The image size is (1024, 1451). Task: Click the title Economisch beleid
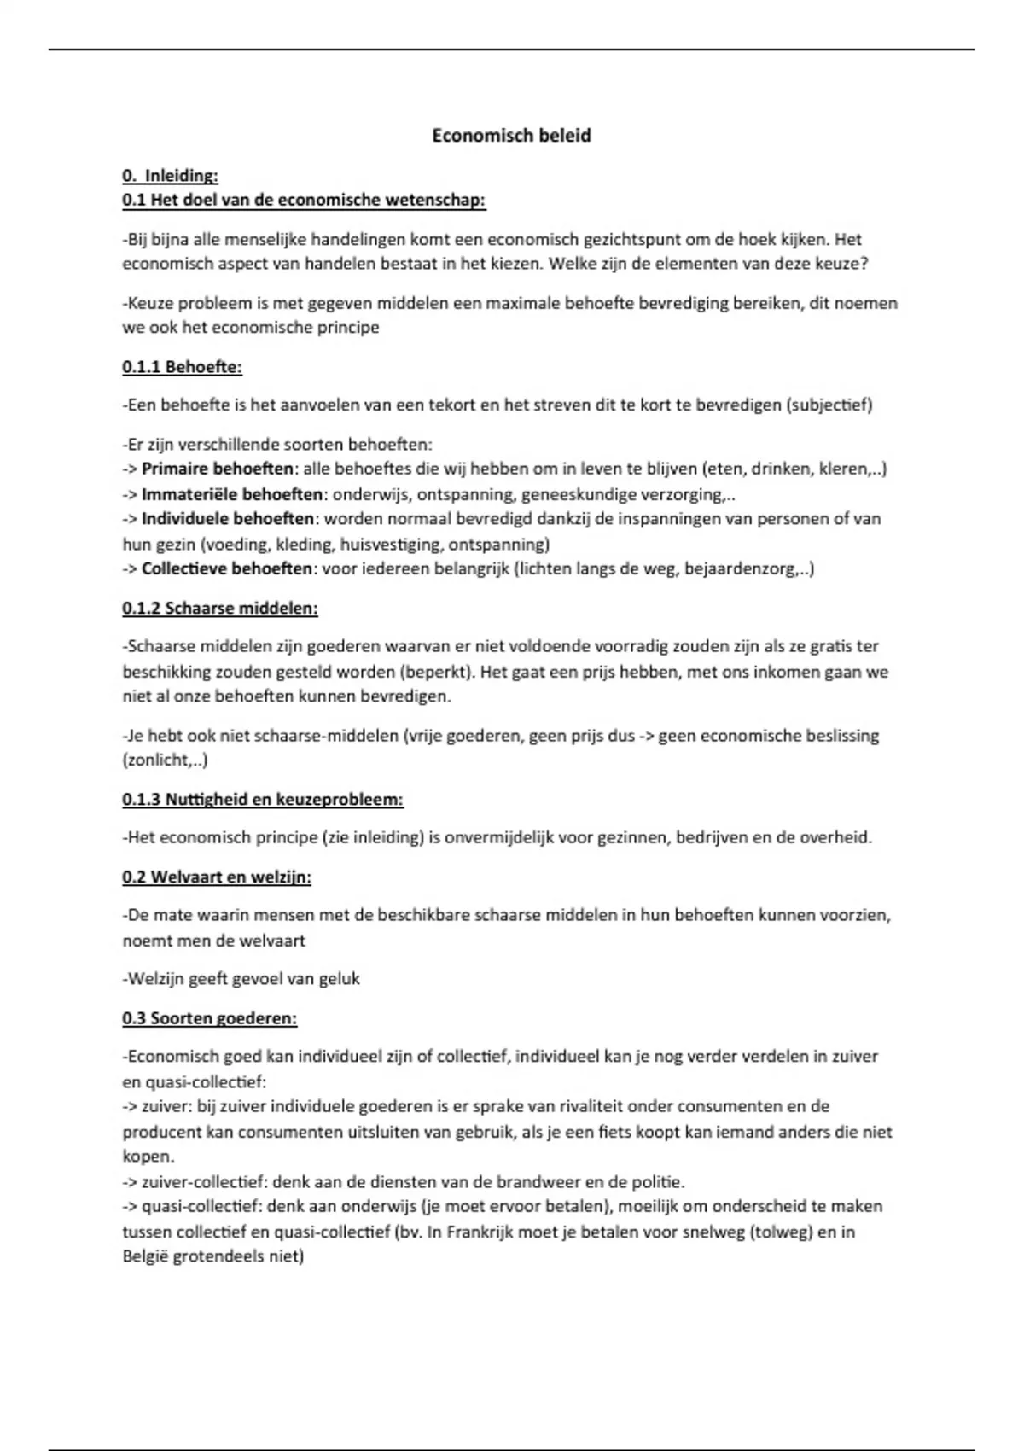511,136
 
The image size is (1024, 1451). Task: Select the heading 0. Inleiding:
170,176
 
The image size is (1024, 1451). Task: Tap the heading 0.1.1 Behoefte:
182,367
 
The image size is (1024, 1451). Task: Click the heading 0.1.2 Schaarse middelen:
219,609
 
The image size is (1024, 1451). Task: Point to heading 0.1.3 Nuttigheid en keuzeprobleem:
262,800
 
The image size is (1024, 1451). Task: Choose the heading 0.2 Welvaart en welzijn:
216,877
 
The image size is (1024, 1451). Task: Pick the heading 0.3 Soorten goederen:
209,1018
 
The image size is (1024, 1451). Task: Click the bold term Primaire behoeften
218,469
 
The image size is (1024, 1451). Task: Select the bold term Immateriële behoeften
232,494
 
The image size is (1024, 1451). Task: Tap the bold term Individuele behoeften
228,519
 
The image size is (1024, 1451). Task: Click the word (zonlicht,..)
165,760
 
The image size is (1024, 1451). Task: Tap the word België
145,1256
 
